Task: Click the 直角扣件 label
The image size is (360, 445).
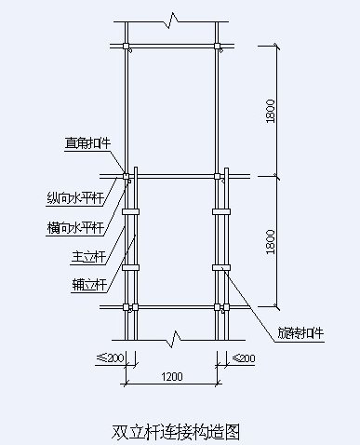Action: coord(87,143)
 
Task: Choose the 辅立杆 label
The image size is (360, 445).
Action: coord(90,283)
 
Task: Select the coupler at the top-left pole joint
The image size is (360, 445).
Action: coord(127,45)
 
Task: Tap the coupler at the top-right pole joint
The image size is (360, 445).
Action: coord(219,45)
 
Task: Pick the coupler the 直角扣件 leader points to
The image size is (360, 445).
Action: coord(127,175)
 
